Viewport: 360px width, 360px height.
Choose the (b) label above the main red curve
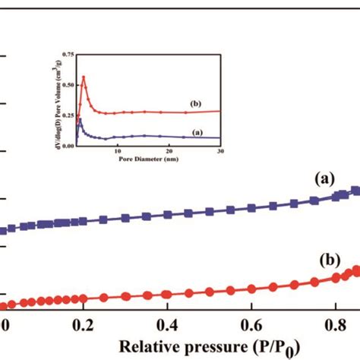[330, 258]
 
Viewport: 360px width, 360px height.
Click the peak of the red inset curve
[84, 77]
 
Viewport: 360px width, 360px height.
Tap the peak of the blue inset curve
[79, 118]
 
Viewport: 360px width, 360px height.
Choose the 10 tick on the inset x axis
[118, 151]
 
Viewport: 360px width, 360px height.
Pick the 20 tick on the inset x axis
[169, 151]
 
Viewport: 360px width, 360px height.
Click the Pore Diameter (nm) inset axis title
[144, 159]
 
